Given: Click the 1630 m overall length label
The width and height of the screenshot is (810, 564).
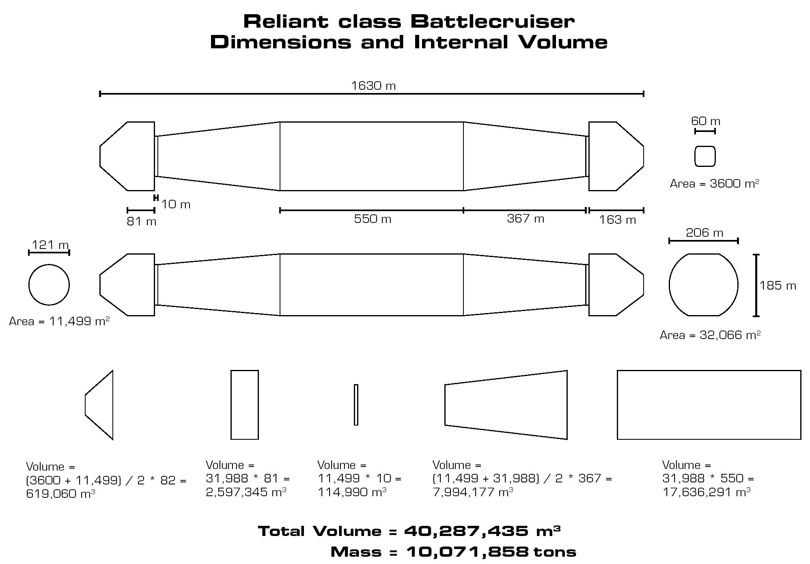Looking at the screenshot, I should point(373,86).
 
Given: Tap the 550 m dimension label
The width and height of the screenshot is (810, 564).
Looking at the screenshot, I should point(373,219).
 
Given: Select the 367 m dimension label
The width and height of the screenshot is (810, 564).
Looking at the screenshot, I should point(526,218).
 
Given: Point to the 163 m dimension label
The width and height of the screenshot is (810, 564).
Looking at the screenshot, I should point(617,220).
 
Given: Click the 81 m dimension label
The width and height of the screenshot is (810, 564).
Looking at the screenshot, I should point(141,221).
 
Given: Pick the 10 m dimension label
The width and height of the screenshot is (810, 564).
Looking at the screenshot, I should point(176,204).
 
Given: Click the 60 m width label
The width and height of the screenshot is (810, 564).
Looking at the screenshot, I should point(705,121).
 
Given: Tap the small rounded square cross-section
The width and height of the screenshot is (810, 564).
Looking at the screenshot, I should point(705,156).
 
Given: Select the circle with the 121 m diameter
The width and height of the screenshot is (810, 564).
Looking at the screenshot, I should point(49,285).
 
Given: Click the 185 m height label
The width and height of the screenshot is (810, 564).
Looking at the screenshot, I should point(778,285).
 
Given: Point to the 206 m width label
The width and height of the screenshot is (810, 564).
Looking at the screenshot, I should point(704,233).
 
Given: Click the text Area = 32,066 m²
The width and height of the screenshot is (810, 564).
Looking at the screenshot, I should point(710,335).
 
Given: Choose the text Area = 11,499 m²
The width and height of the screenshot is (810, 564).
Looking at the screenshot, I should point(59,321).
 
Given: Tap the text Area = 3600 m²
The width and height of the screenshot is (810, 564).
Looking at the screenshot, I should point(714,184).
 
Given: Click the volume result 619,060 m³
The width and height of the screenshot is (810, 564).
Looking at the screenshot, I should point(60,494).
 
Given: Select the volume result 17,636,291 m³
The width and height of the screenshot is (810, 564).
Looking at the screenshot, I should point(706,492).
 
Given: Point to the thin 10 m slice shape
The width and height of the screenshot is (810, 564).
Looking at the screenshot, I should point(356,405).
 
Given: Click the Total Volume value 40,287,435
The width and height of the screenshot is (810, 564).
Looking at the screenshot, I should point(466,531).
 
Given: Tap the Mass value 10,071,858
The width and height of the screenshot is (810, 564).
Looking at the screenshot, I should point(467,552).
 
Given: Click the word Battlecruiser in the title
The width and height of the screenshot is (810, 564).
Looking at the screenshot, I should point(492,22).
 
